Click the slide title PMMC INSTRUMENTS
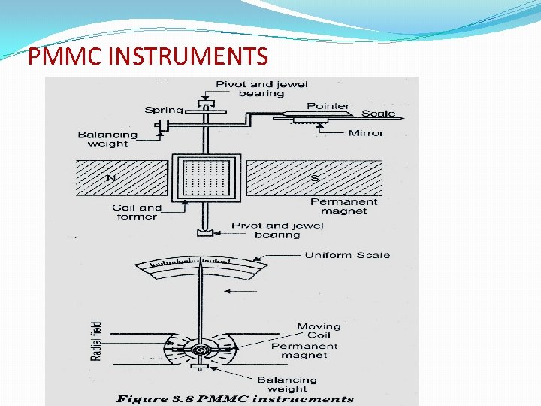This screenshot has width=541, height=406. click(147, 56)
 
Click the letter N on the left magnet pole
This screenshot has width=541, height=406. click(111, 178)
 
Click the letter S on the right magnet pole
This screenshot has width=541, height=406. click(314, 178)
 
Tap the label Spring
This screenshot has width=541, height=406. click(163, 110)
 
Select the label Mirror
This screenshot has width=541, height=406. click(366, 133)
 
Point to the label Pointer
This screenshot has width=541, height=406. click(328, 106)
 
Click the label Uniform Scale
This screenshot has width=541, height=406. click(347, 255)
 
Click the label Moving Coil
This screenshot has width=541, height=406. click(318, 331)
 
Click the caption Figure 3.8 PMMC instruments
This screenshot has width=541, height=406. click(234, 398)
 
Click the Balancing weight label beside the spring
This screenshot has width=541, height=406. click(108, 139)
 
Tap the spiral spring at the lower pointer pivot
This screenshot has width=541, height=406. click(201, 350)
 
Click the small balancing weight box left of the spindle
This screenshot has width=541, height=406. click(164, 125)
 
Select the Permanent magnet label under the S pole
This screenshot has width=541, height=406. click(344, 206)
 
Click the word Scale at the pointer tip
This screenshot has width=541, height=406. click(378, 114)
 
